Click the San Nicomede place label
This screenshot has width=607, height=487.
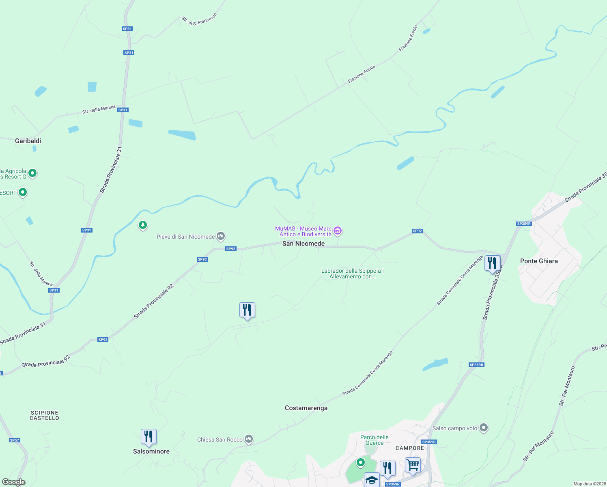click(x=303, y=243)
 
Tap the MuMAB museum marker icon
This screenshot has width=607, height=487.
click(x=338, y=231)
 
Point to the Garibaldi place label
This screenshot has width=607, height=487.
click(x=28, y=141)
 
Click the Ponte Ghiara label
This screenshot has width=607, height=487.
click(x=539, y=261)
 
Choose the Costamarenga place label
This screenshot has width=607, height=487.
click(x=306, y=408)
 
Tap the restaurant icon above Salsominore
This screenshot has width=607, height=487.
click(x=149, y=436)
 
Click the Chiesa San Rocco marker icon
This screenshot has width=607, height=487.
click(x=249, y=439)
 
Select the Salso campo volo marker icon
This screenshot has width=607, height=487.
click(x=483, y=427)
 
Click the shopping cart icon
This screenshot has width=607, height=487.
click(x=413, y=465)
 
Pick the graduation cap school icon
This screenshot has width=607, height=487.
click(x=372, y=480)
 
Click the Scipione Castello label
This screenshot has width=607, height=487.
click(x=45, y=415)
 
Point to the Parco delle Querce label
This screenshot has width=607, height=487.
click(x=375, y=440)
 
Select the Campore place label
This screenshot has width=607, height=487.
click(x=410, y=448)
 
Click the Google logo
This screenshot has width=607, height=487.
click(x=14, y=482)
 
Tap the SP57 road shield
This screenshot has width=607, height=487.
click(x=15, y=440)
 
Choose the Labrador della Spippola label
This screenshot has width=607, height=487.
click(x=352, y=274)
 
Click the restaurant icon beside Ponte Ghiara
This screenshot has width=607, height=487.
click(x=492, y=263)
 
